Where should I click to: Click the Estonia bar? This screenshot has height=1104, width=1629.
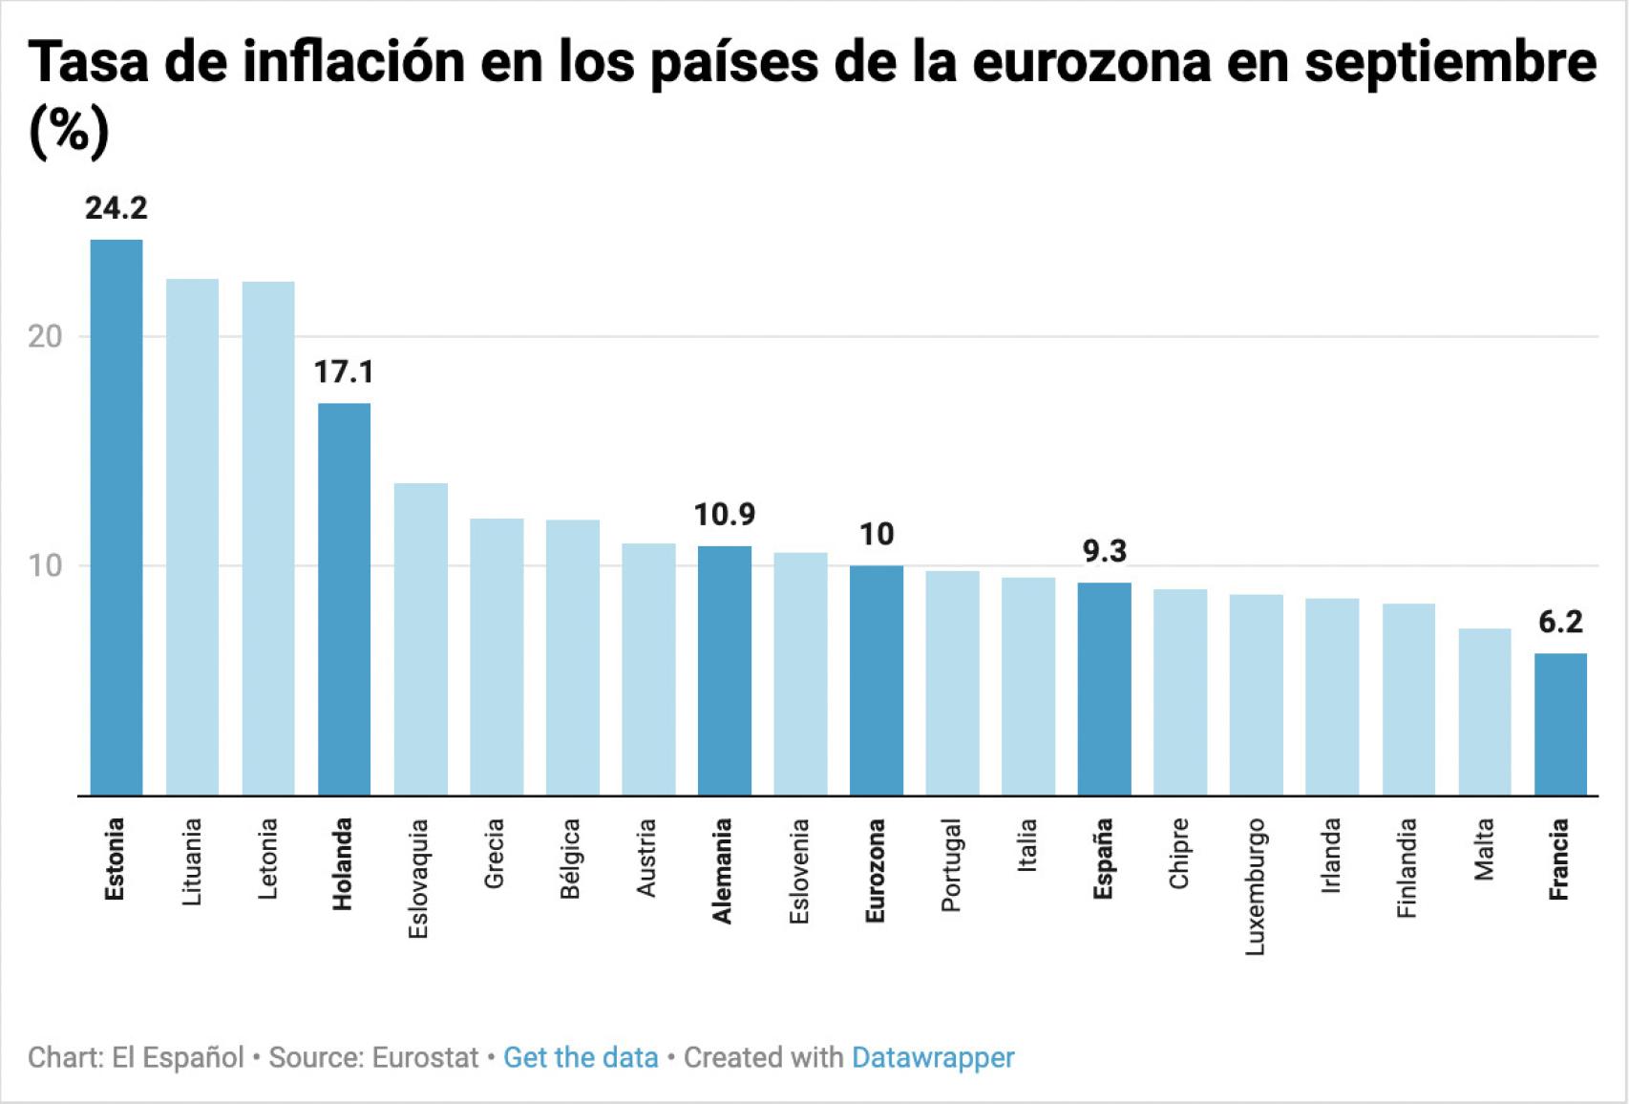tap(116, 516)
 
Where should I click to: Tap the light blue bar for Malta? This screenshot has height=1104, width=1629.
tap(1484, 711)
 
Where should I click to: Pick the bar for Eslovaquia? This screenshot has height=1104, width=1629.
tap(420, 639)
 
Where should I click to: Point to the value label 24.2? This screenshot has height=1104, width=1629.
tap(116, 207)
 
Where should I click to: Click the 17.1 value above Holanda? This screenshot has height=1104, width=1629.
tap(344, 372)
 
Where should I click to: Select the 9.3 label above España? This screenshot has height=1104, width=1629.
tap(1104, 551)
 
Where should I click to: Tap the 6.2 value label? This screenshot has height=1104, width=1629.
tap(1560, 622)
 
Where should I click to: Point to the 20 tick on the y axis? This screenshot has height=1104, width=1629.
tap(45, 336)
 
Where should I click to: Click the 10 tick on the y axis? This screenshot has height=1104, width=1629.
tap(45, 565)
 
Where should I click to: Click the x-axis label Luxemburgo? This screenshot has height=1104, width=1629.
tap(1256, 886)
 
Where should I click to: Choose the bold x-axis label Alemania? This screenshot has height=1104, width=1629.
tap(723, 870)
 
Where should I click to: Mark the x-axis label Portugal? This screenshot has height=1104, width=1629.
tap(951, 864)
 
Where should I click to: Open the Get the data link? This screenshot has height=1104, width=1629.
tap(581, 1057)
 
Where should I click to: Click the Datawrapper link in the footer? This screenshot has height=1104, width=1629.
tap(932, 1057)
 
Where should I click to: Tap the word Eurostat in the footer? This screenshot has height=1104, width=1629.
tap(425, 1057)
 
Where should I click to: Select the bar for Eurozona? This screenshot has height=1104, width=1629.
tap(876, 680)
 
